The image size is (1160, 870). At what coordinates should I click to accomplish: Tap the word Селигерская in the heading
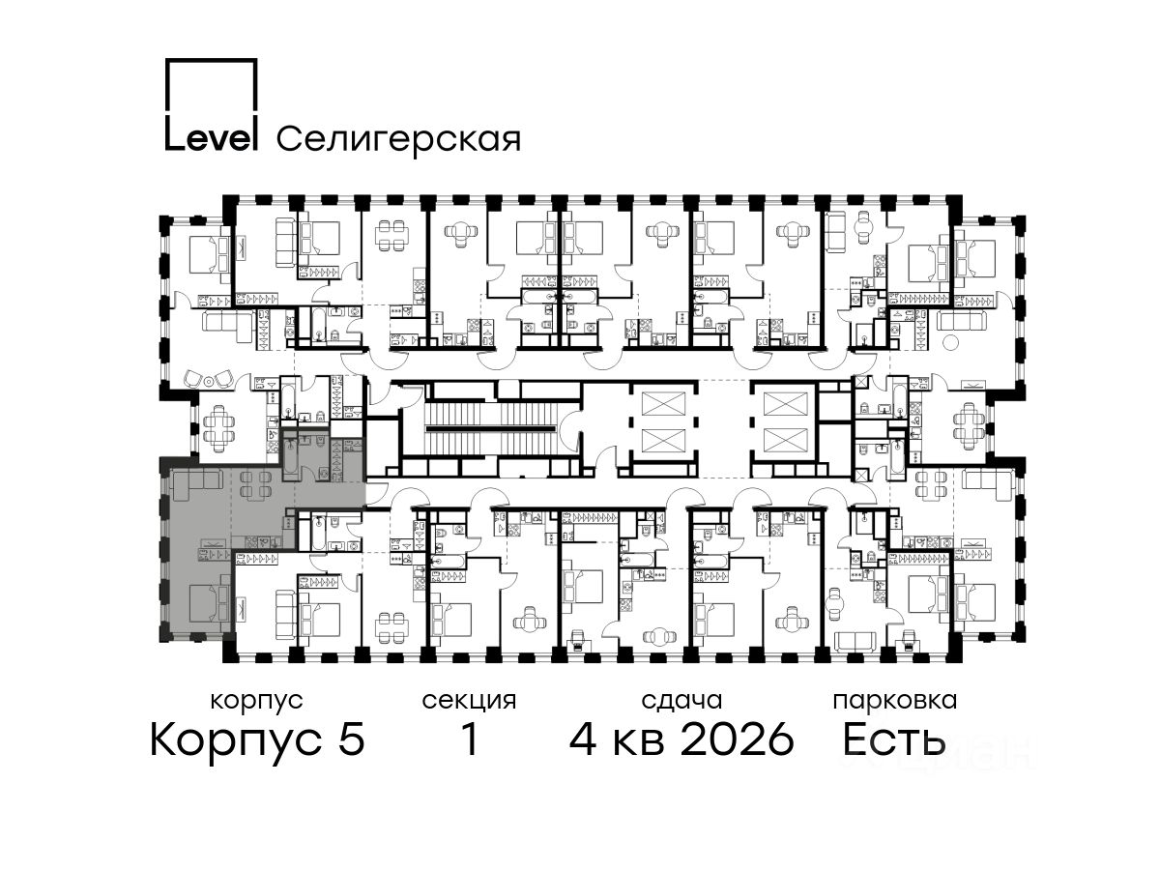(399, 139)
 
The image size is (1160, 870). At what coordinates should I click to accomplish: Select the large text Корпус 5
(257, 739)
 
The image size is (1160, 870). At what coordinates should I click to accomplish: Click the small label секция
(469, 701)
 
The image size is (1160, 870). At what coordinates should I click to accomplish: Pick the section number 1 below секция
(469, 739)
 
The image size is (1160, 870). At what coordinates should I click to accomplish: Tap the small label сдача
(681, 701)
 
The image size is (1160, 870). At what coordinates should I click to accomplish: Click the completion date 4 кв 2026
(681, 739)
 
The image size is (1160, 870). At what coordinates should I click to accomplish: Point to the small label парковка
(895, 701)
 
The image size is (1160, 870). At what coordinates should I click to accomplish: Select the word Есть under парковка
(893, 739)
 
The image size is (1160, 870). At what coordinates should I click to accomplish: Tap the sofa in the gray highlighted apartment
(197, 484)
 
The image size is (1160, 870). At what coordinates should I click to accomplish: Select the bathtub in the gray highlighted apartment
(290, 459)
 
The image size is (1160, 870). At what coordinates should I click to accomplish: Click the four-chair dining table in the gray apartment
(256, 485)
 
